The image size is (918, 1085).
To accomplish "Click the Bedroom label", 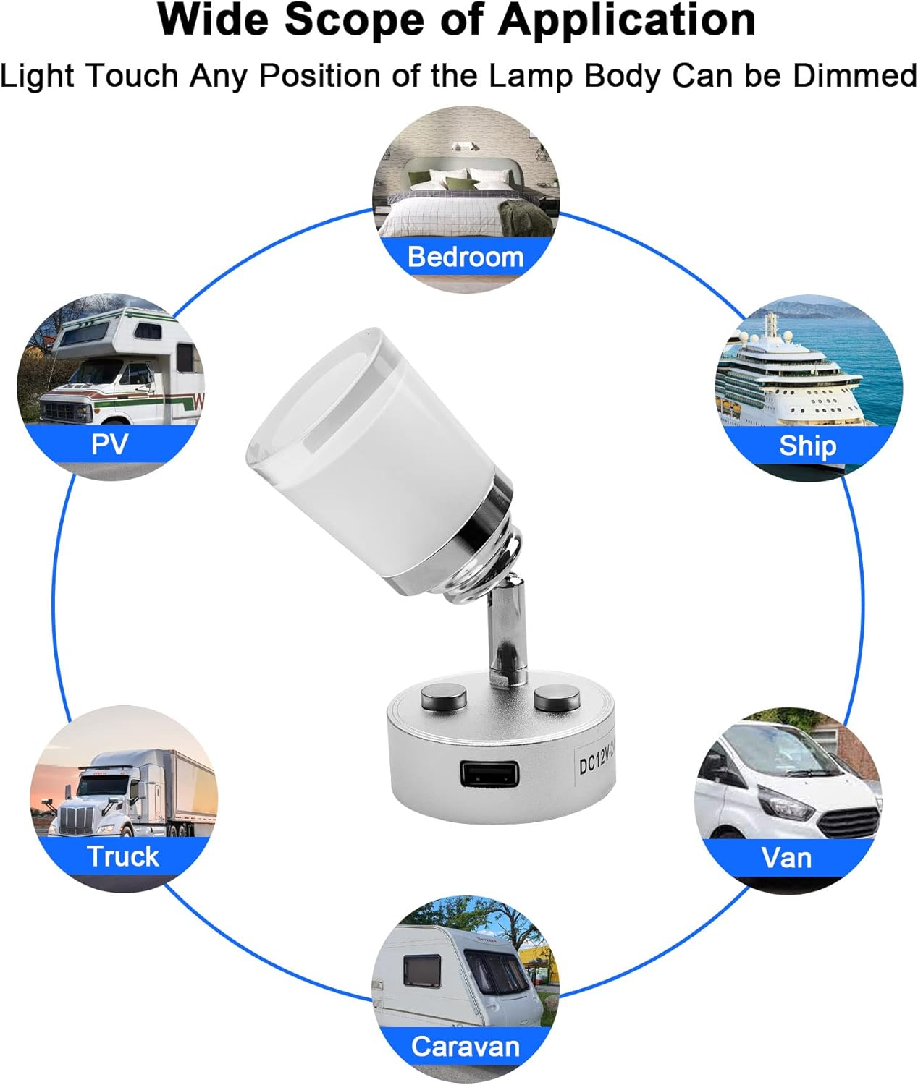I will pos(465,257).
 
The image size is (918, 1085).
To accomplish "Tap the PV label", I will pos(110,443).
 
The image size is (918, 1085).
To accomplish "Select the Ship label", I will pos(807,446).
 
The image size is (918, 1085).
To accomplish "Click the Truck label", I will pos(122,856).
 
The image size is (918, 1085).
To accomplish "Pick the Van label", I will pos(786,858).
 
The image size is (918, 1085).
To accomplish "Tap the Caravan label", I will pos(465,1046).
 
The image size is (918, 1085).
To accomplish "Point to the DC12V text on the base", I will pos(595,762).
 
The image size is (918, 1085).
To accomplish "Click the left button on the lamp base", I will pos(443,699).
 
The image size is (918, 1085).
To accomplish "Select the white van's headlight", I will pos(786,805).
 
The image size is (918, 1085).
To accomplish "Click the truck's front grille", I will pos(76,821).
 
